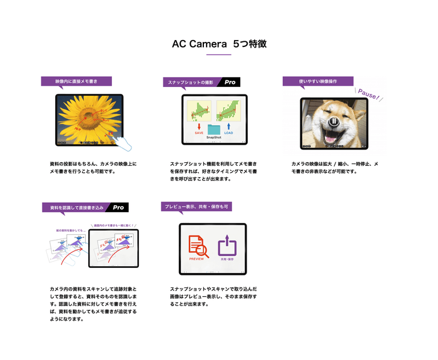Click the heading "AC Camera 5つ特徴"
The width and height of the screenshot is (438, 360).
(x=219, y=44)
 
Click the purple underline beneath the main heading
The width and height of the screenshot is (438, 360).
(x=219, y=55)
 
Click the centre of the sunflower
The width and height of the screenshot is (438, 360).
(x=85, y=118)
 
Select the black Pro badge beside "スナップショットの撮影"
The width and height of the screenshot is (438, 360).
(x=230, y=82)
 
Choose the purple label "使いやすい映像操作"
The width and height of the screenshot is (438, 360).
(x=317, y=81)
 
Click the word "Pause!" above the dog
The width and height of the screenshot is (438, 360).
(x=369, y=95)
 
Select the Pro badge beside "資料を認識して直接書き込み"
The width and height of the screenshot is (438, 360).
(x=118, y=207)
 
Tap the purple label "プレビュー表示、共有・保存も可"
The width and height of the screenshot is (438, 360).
(x=196, y=207)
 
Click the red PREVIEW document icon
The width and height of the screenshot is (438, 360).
(x=198, y=245)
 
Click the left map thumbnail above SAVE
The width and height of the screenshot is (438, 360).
(x=199, y=111)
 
